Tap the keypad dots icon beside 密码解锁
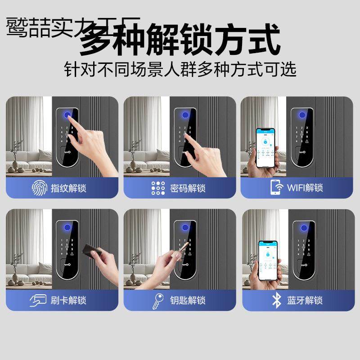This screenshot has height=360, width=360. [158, 187]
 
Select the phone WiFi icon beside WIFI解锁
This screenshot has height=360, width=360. [275, 187]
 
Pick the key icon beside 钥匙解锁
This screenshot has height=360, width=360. [158, 300]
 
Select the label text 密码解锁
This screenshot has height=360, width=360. [186, 188]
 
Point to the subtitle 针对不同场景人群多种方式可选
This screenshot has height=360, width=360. [180, 70]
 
